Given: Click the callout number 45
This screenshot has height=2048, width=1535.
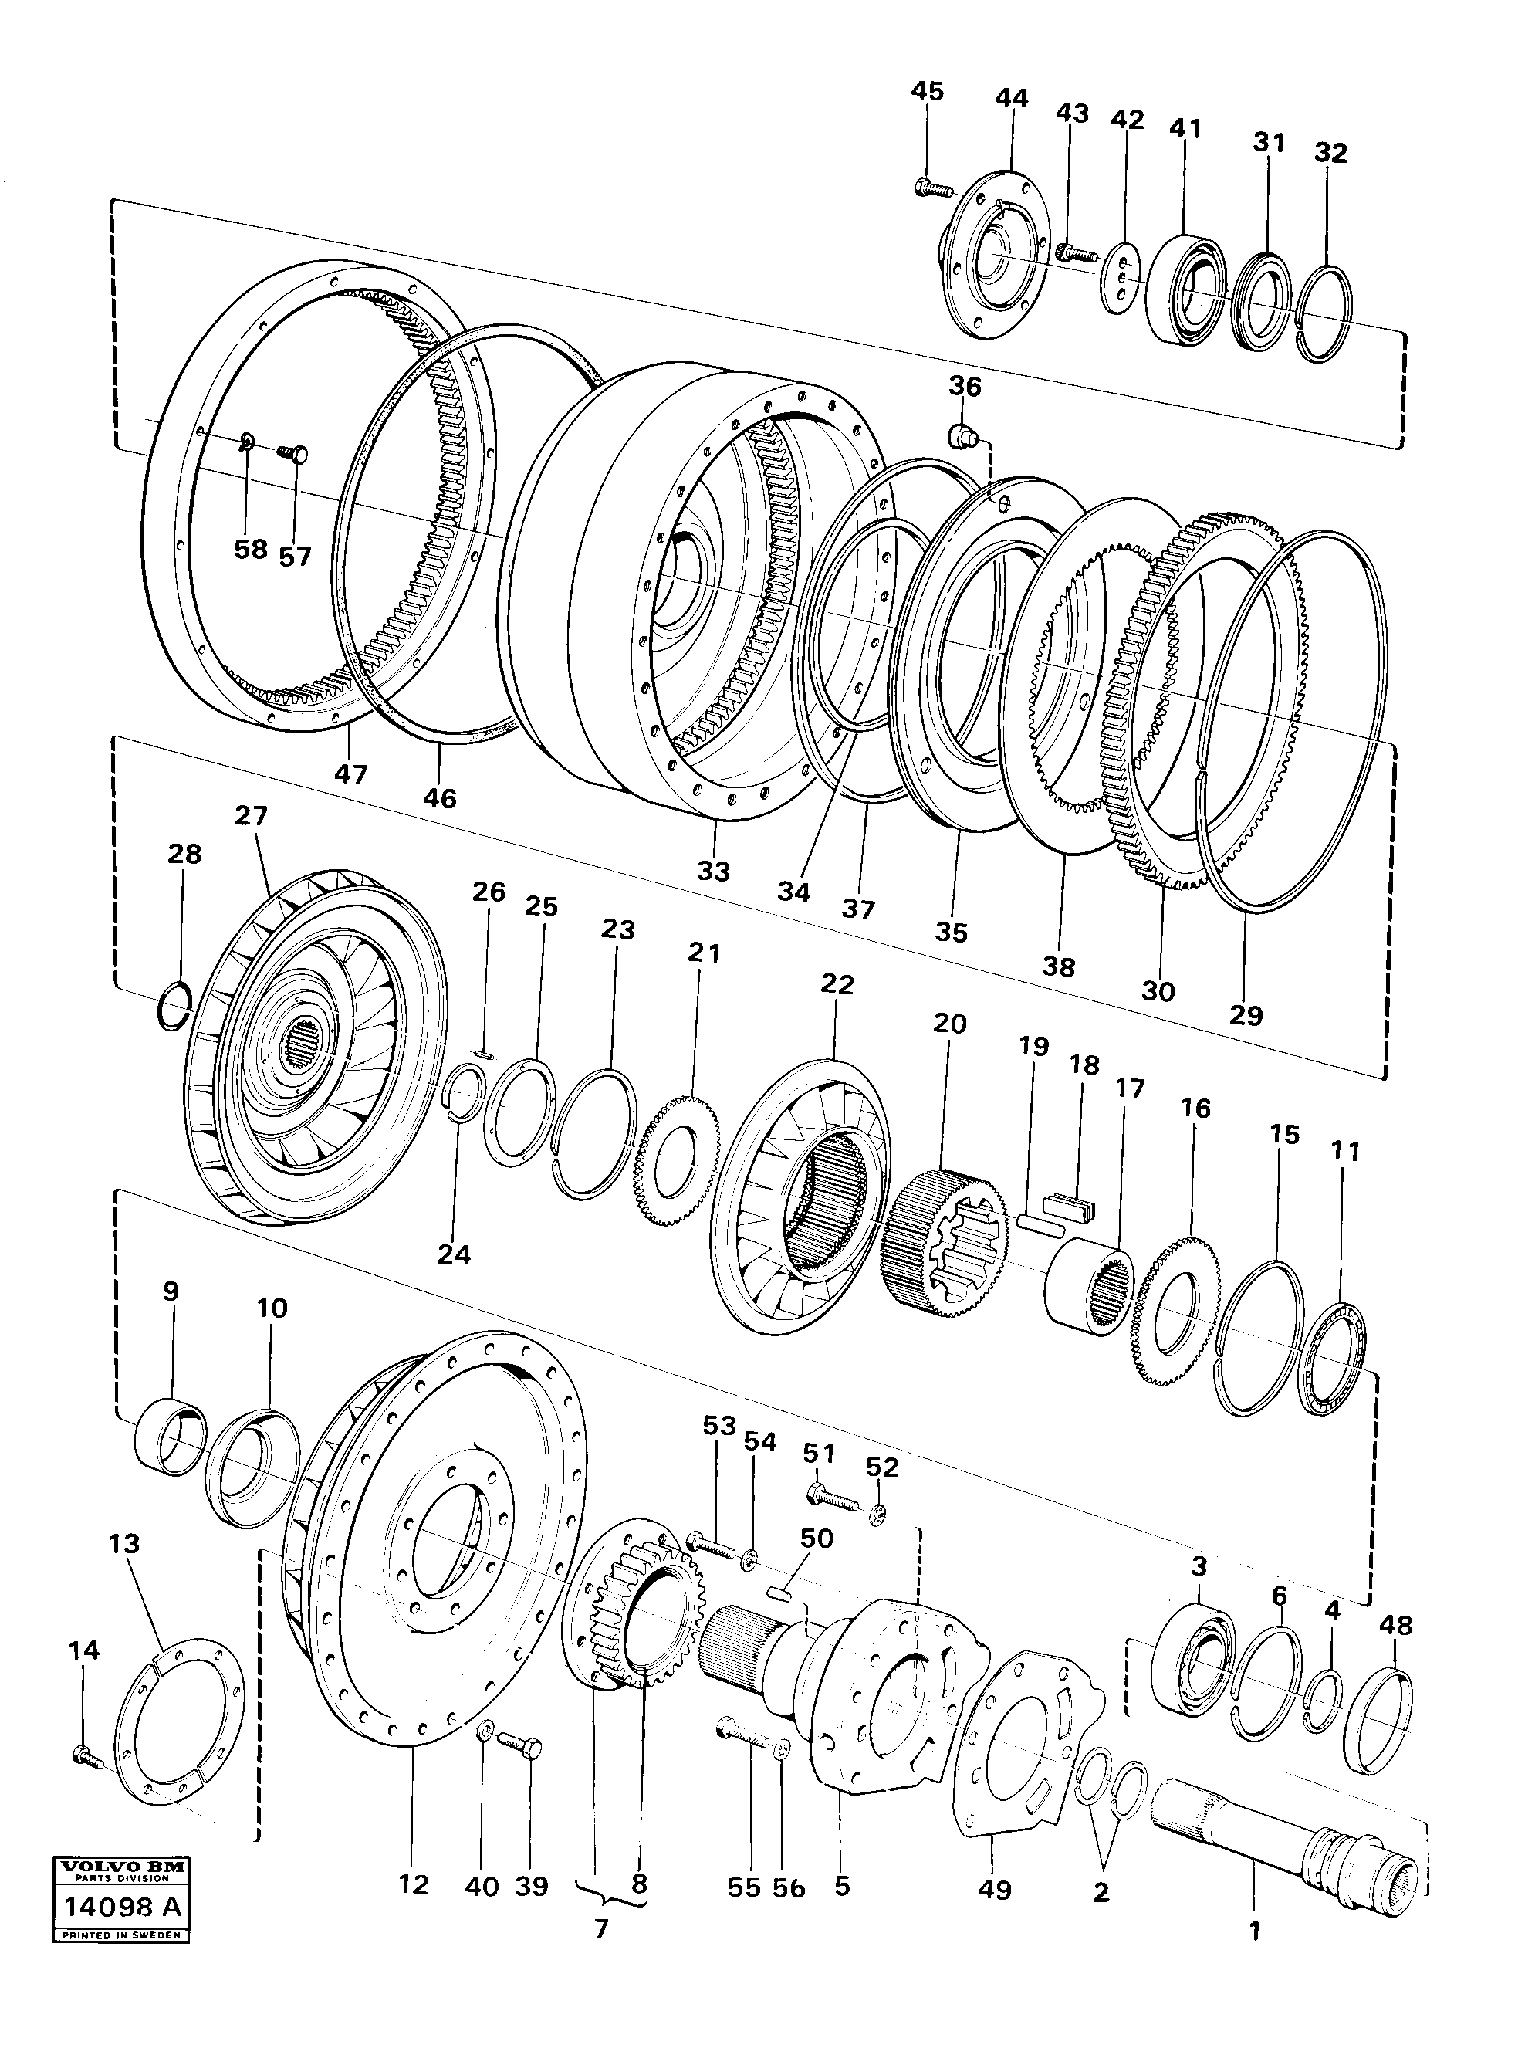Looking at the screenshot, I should pyautogui.click(x=927, y=91).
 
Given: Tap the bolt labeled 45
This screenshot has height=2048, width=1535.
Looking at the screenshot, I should pyautogui.click(x=932, y=188).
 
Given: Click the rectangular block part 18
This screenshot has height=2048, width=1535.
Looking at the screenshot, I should pyautogui.click(x=1070, y=1207).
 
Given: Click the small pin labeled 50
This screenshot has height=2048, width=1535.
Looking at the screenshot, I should pyautogui.click(x=780, y=1593).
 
